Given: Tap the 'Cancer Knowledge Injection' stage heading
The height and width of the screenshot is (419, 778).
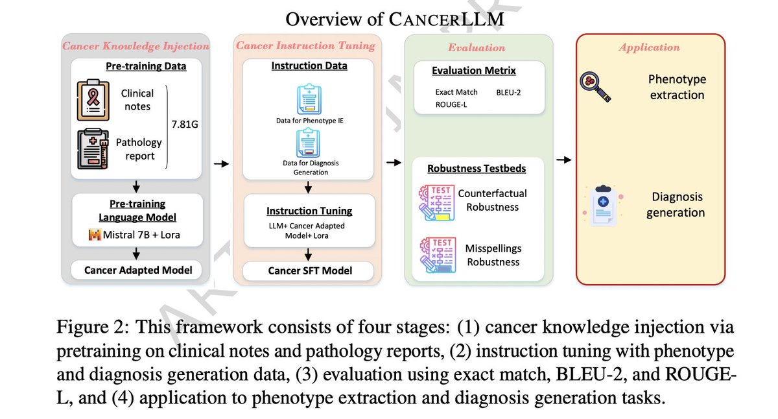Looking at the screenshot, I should click(x=136, y=46).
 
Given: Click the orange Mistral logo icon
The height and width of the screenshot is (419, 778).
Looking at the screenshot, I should click(x=94, y=235).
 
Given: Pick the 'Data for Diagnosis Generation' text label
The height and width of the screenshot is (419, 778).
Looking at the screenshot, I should click(x=309, y=167).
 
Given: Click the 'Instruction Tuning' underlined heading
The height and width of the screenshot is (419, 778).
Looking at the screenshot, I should click(x=309, y=211).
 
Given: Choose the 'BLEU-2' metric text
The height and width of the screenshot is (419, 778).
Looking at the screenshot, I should click(x=508, y=92).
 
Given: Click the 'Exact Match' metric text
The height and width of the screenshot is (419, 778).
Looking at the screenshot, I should click(x=456, y=92).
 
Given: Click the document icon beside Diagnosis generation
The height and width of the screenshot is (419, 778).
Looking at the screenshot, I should click(x=602, y=204).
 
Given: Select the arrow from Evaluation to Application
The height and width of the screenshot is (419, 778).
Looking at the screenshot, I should click(x=564, y=160).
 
